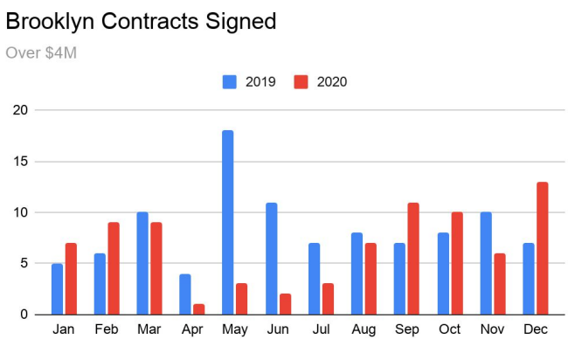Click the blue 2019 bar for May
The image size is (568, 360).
coord(227,222)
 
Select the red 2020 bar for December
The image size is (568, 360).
coord(542,248)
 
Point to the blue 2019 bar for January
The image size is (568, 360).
coord(57,288)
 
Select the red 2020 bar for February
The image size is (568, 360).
coord(114,268)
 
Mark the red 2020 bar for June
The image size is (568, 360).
coord(285,304)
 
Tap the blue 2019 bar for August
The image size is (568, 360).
coord(356,273)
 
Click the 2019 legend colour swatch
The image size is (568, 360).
coord(231,82)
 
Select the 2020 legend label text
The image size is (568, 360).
coord(331,82)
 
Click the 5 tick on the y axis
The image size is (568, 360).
coord(24,263)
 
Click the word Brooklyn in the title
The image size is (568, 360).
coord(52,21)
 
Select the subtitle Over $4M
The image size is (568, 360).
coord(41,53)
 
